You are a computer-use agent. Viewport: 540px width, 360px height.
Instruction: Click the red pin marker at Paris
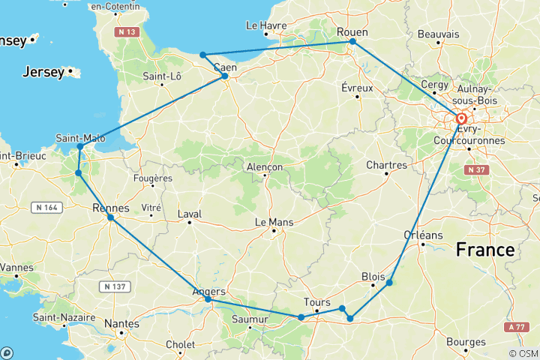pos(460,119)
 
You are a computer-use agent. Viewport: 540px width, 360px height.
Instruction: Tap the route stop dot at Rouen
pos(352,42)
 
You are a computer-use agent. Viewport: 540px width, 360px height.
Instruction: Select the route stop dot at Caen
pos(224,76)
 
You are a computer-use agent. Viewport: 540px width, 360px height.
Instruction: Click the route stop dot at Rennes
pos(110,217)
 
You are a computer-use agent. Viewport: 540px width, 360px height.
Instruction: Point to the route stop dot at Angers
pos(208,300)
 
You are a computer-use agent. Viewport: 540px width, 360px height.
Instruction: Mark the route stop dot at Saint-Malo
pos(80,146)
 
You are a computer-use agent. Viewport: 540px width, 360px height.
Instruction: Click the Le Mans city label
pos(274,222)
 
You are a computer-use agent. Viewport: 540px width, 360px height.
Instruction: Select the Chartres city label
pos(386,165)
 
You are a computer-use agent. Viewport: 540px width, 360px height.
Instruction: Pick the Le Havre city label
pos(266,25)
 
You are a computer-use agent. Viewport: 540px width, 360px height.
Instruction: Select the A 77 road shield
pos(515,326)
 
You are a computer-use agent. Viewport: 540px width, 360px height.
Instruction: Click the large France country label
pos(487,250)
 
